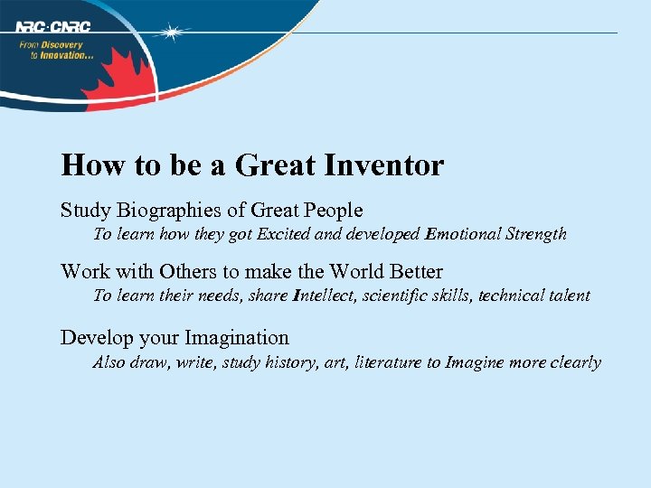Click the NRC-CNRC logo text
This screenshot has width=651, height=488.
(x=52, y=26)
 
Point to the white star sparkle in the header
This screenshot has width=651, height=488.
(x=169, y=33)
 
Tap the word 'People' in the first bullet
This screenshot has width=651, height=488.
(x=333, y=211)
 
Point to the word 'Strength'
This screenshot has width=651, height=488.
(x=536, y=234)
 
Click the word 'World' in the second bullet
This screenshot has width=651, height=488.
(x=358, y=271)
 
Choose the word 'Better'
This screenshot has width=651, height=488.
(x=417, y=271)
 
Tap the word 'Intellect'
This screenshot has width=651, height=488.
(x=324, y=296)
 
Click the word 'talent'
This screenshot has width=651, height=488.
(x=568, y=296)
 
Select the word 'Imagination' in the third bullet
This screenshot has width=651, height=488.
(x=237, y=338)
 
